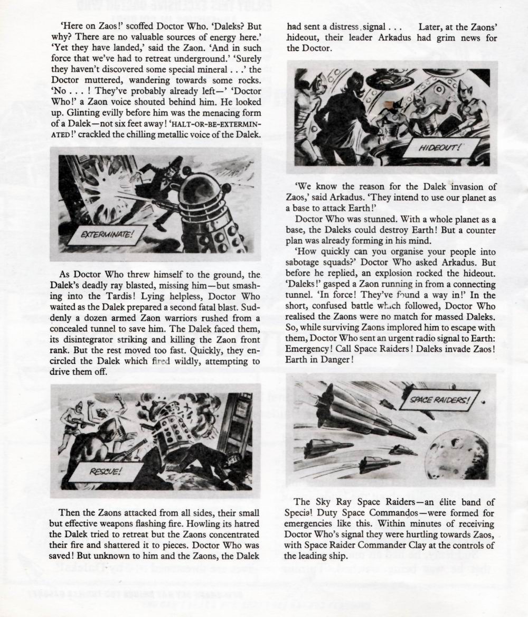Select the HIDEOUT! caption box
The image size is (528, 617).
click(x=441, y=148)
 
